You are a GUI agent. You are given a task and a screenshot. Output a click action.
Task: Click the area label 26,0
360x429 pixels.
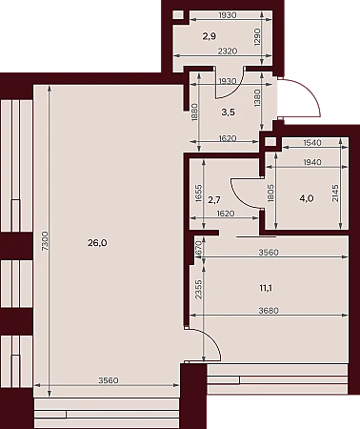(97, 243)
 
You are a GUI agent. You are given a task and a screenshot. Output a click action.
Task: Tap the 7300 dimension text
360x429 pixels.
(45, 241)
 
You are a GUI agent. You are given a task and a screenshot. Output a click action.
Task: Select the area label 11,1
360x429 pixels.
(266, 288)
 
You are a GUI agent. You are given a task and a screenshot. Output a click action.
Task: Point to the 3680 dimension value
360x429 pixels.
(269, 310)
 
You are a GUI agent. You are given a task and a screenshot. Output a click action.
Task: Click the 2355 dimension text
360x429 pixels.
(198, 289)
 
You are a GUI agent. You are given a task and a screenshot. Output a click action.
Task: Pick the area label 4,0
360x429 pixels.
(307, 199)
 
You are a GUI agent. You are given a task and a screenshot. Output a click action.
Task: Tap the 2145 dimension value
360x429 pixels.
(335, 193)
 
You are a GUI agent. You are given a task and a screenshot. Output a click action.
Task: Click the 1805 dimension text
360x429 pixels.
(270, 193)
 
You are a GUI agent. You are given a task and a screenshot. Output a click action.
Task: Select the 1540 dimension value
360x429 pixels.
(312, 143)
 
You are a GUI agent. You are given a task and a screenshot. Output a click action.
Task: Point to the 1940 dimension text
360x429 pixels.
(312, 162)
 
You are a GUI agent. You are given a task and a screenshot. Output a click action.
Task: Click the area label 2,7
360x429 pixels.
(214, 200)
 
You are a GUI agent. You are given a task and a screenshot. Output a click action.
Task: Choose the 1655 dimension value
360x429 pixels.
(198, 193)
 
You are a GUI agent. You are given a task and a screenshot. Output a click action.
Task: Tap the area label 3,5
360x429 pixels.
(229, 112)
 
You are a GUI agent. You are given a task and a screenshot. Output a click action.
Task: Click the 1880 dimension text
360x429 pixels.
(195, 112)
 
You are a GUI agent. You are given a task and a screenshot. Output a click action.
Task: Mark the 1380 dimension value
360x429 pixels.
(257, 97)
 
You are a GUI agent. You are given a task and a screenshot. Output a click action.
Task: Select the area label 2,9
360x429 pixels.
(210, 36)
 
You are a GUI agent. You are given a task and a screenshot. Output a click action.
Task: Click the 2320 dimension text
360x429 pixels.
(228, 51)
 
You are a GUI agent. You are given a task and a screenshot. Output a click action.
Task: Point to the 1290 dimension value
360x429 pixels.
(257, 37)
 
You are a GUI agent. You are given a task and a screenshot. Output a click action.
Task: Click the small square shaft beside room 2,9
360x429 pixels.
(179, 15)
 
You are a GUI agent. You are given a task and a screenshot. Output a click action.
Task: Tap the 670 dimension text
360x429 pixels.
(198, 247)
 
